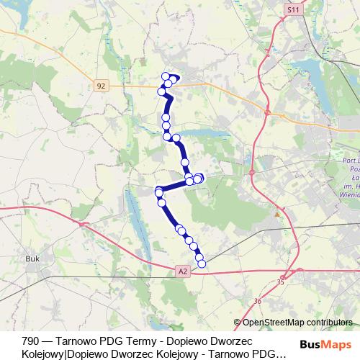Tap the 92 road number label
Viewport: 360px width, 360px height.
tap(100, 86)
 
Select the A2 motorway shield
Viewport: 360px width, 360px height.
tap(183, 271)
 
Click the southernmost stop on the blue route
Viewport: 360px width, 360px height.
tap(202, 264)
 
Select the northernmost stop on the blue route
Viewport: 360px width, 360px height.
tap(166, 76)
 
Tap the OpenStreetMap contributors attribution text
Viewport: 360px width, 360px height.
tap(297, 323)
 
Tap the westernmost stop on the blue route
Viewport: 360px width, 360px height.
tap(158, 192)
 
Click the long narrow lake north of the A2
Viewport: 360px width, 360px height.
tap(137, 223)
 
